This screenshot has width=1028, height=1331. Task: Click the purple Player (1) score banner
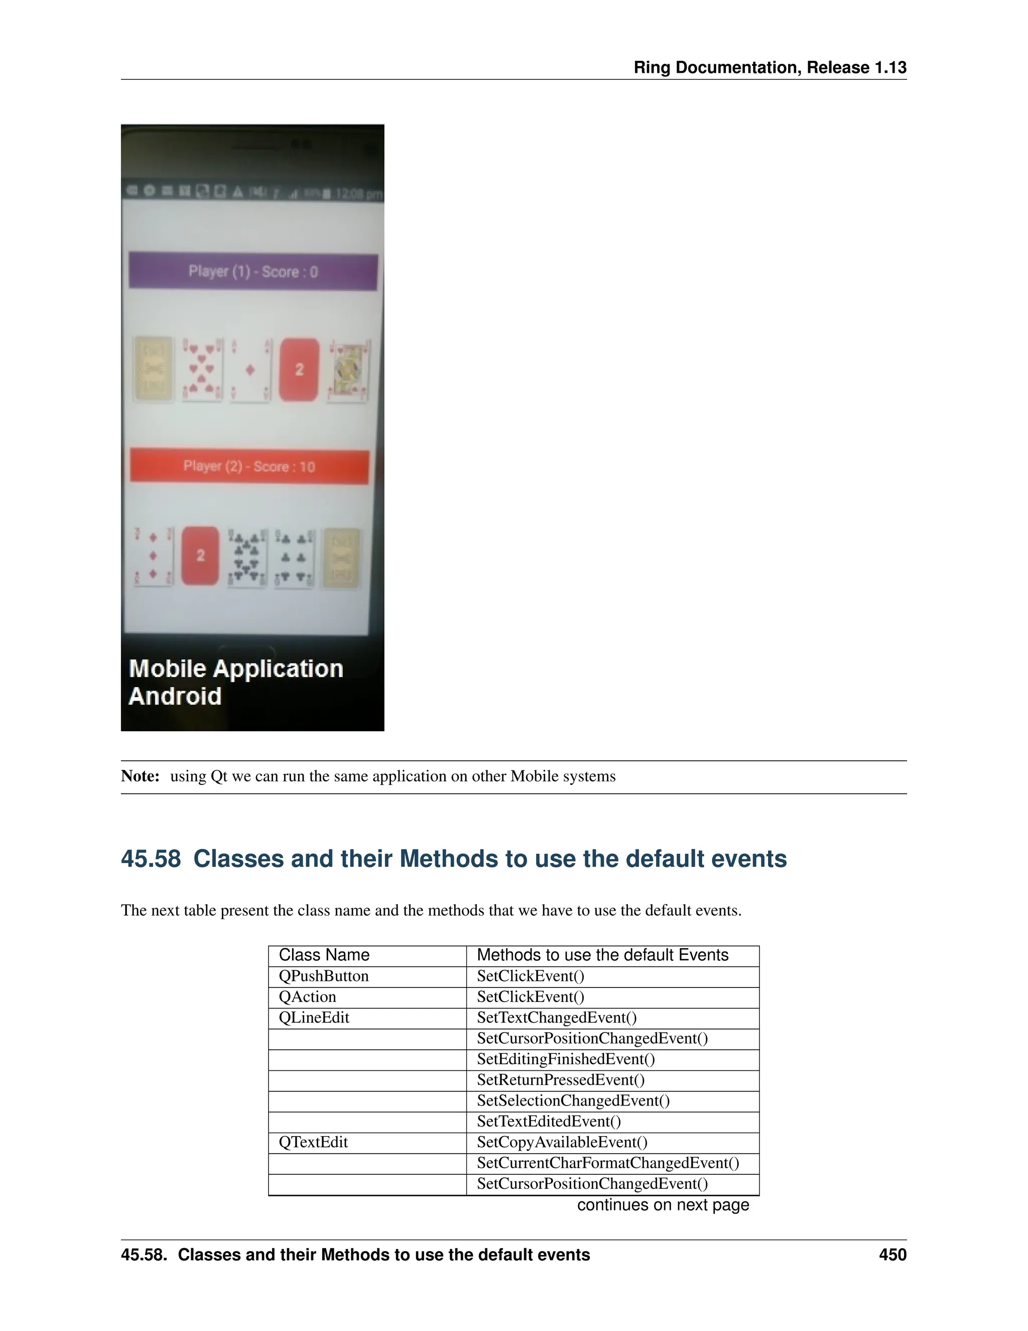click(x=253, y=272)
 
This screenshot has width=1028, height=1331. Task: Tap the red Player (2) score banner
click(x=249, y=467)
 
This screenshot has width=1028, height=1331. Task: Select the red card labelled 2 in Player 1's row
click(x=299, y=369)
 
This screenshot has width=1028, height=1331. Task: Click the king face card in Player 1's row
click(x=348, y=371)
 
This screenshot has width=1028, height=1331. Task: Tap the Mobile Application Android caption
click(x=236, y=682)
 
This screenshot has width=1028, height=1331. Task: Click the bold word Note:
click(x=140, y=777)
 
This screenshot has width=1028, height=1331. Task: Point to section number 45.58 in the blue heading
click(x=151, y=859)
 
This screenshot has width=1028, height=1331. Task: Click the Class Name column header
click(x=324, y=955)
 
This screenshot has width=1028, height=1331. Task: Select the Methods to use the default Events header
click(x=602, y=955)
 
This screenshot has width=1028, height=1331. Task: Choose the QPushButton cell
click(x=323, y=976)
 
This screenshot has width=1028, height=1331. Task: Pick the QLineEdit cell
click(x=314, y=1018)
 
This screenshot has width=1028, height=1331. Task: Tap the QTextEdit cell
click(x=313, y=1142)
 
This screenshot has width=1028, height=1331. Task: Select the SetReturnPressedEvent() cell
click(x=560, y=1080)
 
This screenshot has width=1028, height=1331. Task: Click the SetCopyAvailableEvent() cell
click(x=562, y=1142)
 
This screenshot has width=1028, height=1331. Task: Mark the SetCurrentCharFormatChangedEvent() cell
click(x=608, y=1163)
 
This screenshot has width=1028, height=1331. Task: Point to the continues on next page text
click(x=663, y=1205)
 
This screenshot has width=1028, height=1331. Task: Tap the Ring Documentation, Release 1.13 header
click(x=770, y=68)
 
